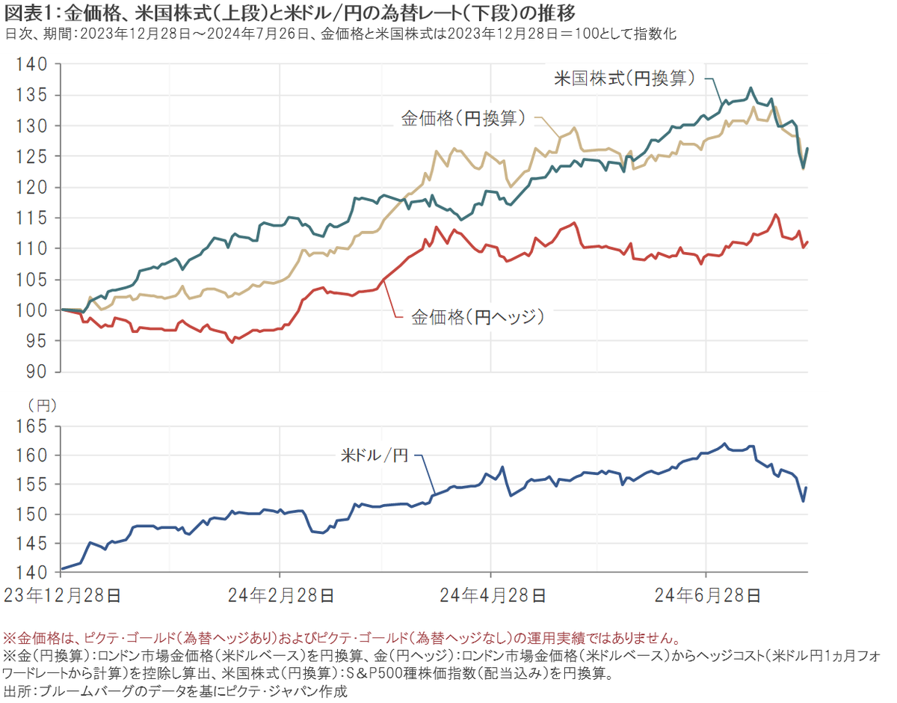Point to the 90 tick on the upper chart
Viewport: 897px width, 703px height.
pos(35,372)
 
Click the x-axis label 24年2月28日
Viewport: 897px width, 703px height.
pos(280,595)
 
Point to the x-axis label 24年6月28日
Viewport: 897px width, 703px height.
pos(707,595)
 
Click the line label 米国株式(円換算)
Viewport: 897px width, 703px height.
pos(625,77)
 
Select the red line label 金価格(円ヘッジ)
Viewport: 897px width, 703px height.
pos(477,317)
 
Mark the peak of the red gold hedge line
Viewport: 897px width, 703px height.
pos(775,215)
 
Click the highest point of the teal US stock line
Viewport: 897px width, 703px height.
pos(751,88)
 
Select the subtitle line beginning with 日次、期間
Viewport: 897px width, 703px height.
pos(340,34)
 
